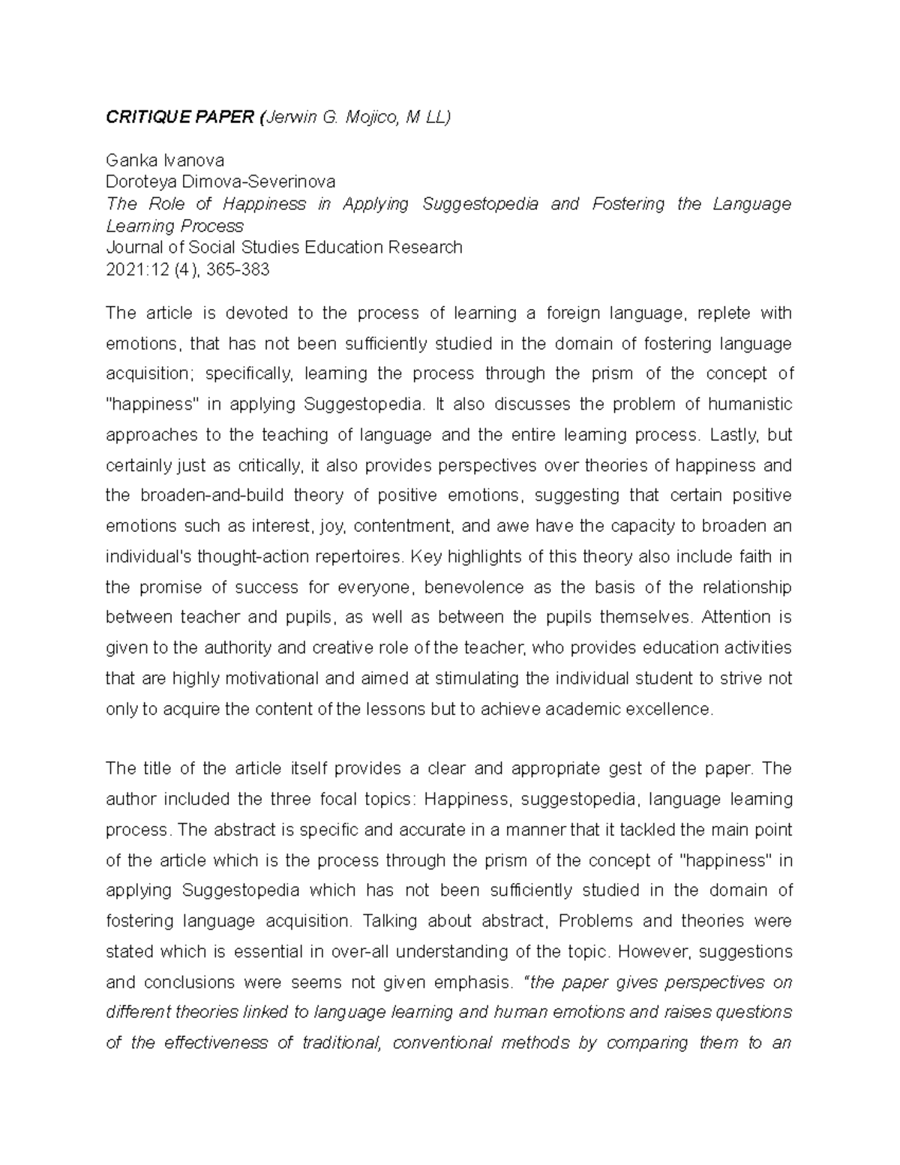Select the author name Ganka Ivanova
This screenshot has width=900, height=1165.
(x=165, y=160)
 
